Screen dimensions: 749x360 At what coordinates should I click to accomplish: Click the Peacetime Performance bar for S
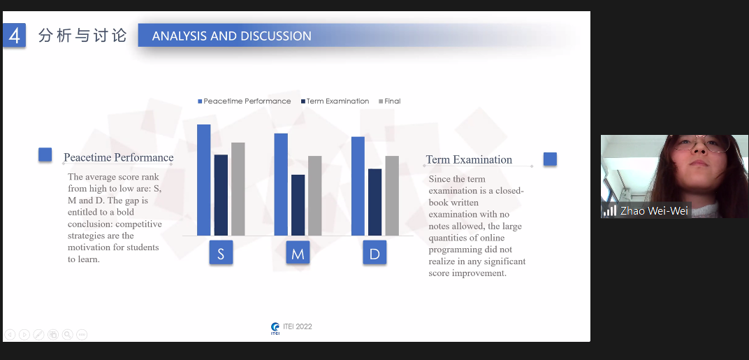(203, 180)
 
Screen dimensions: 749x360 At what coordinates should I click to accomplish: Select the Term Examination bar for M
(298, 205)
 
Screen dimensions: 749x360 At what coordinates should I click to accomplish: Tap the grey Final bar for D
(392, 196)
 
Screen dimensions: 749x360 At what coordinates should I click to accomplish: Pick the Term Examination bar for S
(221, 195)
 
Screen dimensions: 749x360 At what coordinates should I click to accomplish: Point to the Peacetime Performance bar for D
(358, 186)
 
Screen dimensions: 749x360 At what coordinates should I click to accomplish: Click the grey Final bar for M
(315, 196)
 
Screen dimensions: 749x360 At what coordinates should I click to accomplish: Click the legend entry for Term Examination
(335, 101)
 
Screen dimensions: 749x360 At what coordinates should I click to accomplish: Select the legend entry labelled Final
(389, 101)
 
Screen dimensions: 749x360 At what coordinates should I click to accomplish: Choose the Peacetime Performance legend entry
(245, 101)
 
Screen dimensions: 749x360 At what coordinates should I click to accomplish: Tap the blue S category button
(221, 253)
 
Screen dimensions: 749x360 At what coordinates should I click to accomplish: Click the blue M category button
(298, 253)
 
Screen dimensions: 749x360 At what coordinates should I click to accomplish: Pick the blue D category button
(374, 253)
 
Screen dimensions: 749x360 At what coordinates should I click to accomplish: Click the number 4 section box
(15, 36)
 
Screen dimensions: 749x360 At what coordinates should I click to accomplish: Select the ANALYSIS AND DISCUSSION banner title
(232, 36)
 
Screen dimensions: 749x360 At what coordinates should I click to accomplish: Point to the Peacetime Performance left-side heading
(119, 157)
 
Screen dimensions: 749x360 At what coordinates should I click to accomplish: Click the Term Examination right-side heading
(469, 159)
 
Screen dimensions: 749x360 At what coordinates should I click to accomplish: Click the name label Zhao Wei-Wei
(654, 211)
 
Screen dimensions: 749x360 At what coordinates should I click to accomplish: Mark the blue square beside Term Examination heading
(551, 159)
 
